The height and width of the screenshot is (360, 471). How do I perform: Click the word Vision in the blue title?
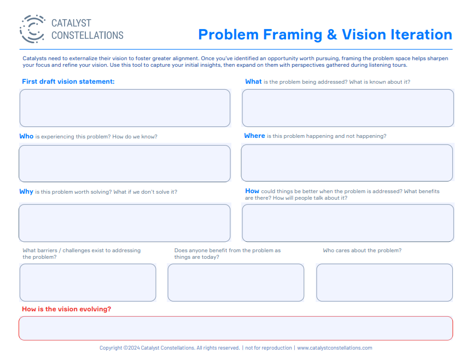364,34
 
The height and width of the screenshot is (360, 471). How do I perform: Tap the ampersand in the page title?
332,34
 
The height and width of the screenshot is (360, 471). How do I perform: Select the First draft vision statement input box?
125,108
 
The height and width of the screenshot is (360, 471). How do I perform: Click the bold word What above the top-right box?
253,82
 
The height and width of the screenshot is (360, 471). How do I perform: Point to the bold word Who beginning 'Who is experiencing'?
26,136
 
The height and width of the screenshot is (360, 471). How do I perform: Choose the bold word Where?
254,136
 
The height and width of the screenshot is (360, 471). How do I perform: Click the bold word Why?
26,191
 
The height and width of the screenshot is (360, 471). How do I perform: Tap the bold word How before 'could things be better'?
252,191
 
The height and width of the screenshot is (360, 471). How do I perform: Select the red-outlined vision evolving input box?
236,328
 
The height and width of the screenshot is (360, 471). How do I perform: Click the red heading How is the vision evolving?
66,309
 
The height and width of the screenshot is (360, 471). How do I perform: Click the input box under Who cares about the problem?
385,282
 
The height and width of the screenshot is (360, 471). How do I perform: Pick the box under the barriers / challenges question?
88,282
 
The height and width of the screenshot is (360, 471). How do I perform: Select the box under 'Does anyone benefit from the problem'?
236,282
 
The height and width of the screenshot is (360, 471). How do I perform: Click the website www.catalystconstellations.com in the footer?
335,347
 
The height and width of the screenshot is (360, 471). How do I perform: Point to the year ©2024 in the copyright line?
132,347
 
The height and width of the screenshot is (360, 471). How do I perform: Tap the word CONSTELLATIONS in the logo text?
88,35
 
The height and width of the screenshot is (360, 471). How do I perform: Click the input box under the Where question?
347,163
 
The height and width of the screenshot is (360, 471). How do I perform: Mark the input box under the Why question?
125,223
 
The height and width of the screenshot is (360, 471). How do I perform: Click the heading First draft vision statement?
68,82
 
